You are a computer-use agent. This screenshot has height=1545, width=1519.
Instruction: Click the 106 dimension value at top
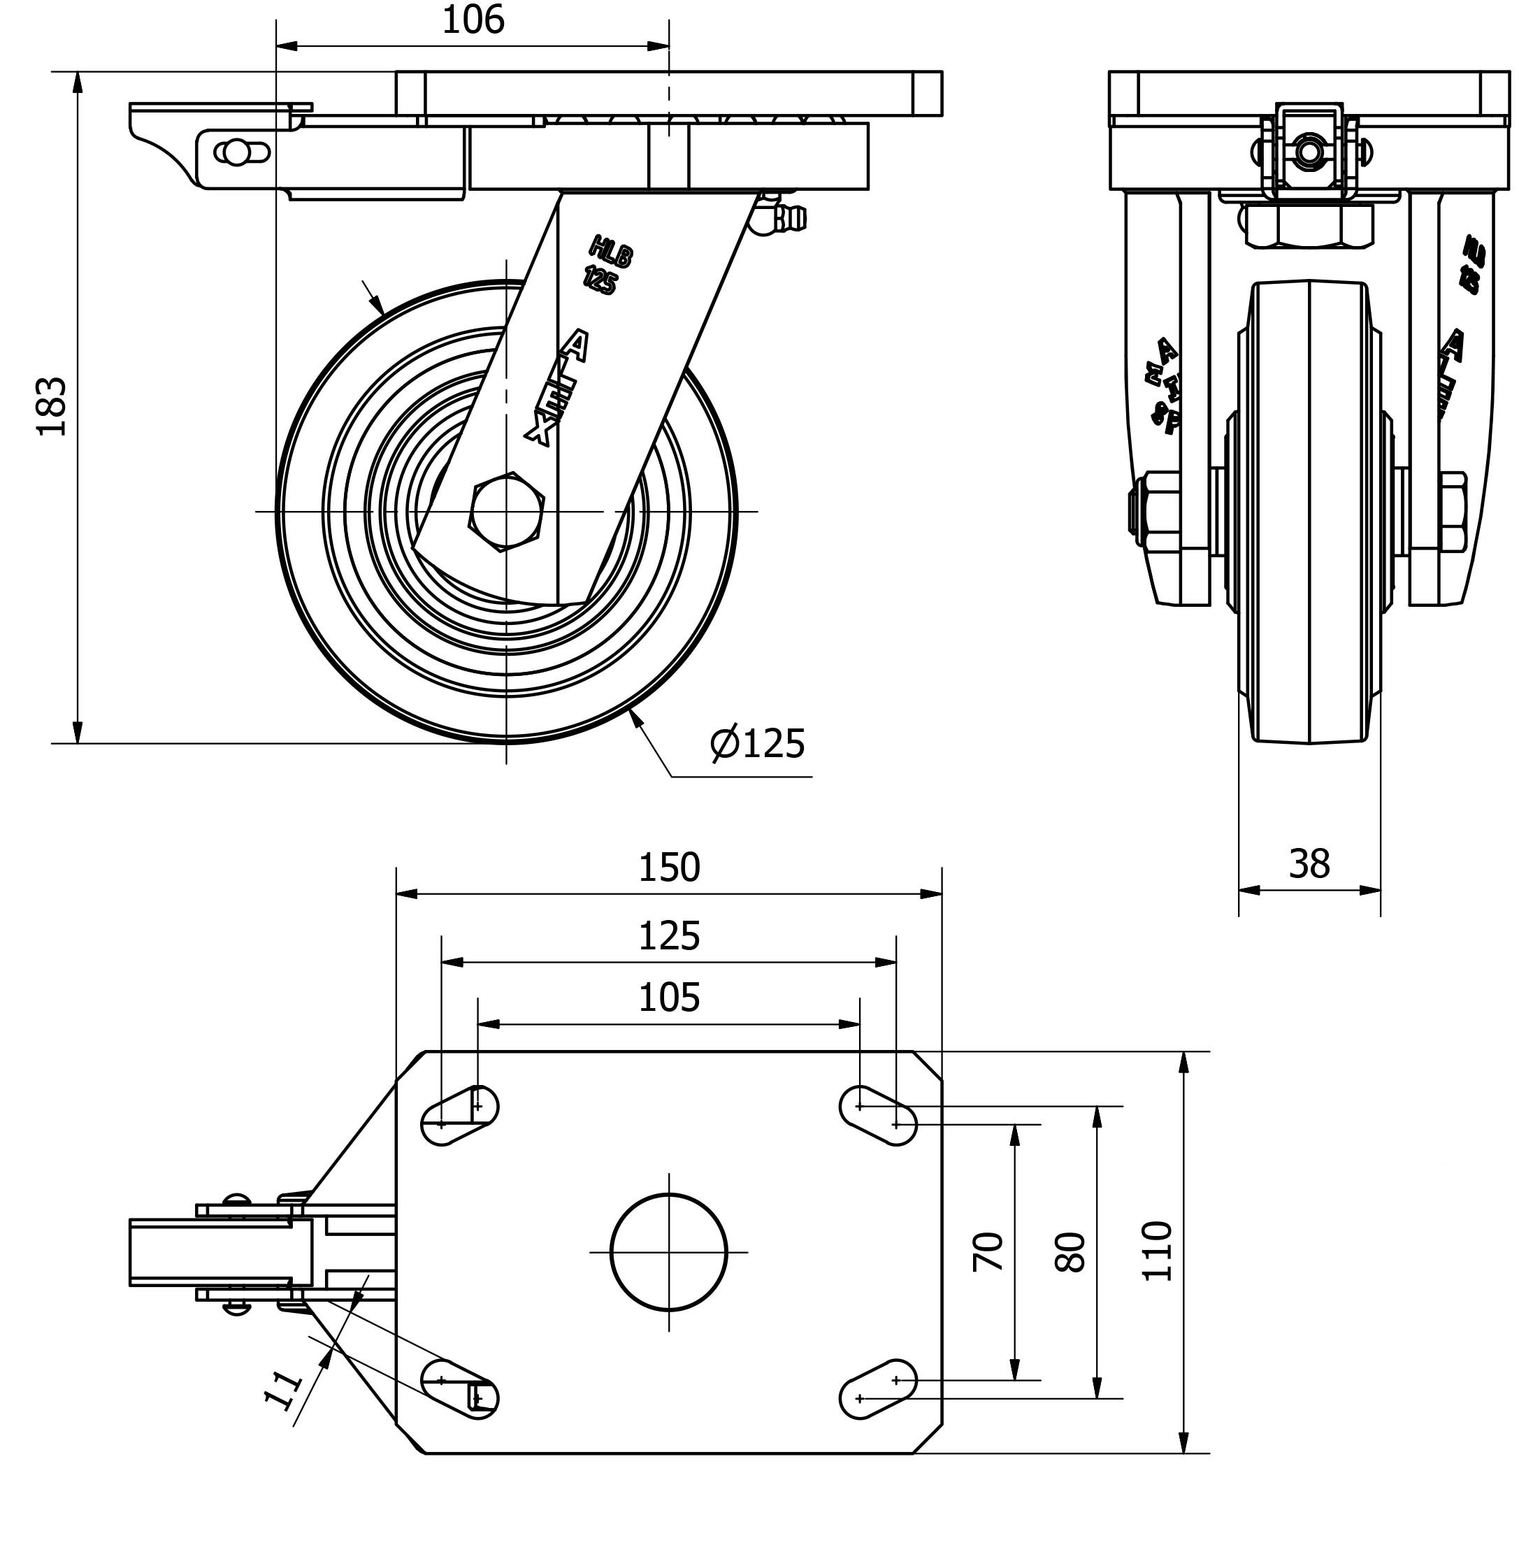click(x=473, y=21)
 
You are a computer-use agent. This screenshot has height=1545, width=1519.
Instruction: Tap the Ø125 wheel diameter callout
click(x=757, y=744)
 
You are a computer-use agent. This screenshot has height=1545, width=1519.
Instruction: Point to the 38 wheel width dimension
click(x=1309, y=864)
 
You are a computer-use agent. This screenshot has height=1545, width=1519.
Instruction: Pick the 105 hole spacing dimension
click(x=668, y=998)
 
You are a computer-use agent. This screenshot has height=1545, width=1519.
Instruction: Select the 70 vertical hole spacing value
click(x=988, y=1251)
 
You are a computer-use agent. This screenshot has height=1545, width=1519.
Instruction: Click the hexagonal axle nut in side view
click(x=507, y=511)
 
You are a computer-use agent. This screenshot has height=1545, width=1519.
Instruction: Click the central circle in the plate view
click(x=668, y=1252)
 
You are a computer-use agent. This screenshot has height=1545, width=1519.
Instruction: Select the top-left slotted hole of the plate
click(x=459, y=1116)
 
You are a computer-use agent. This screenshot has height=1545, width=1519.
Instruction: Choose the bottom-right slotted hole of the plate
click(x=877, y=1389)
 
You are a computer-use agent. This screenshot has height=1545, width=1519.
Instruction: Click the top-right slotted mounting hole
click(x=877, y=1116)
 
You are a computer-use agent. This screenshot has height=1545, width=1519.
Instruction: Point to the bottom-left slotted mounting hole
click(x=459, y=1389)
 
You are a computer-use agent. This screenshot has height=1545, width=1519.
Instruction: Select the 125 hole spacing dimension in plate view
click(x=668, y=936)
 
